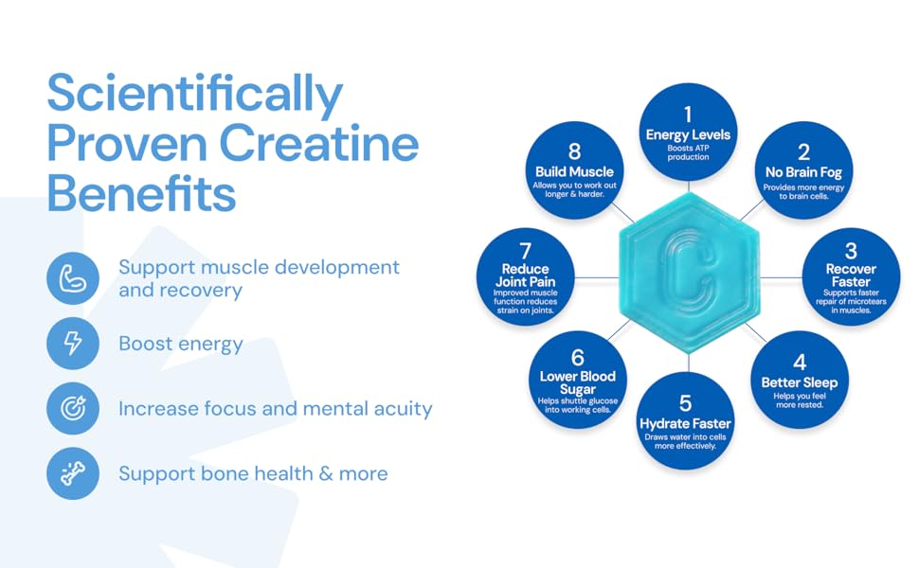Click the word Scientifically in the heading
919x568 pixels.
point(194,95)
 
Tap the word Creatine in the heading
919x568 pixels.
point(319,144)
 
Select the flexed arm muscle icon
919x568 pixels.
point(73,278)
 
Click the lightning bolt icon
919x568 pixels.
point(73,343)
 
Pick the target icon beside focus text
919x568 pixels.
point(73,409)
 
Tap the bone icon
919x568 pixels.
point(73,473)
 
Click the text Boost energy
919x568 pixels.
point(181,344)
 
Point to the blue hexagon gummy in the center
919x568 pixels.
point(690,274)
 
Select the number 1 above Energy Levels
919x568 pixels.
point(688,115)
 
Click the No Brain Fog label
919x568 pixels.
point(803,172)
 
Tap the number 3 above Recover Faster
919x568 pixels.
point(851,251)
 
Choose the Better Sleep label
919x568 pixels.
point(800,382)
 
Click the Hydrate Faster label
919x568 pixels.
point(685,423)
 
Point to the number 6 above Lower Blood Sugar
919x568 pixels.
point(578,357)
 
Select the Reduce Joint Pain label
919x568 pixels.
point(525,275)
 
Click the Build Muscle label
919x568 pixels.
point(574,171)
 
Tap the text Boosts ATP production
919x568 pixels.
point(688,152)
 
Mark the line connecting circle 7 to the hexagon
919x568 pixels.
point(597,277)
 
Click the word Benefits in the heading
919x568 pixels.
point(141,193)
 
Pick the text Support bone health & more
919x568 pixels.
point(253,473)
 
